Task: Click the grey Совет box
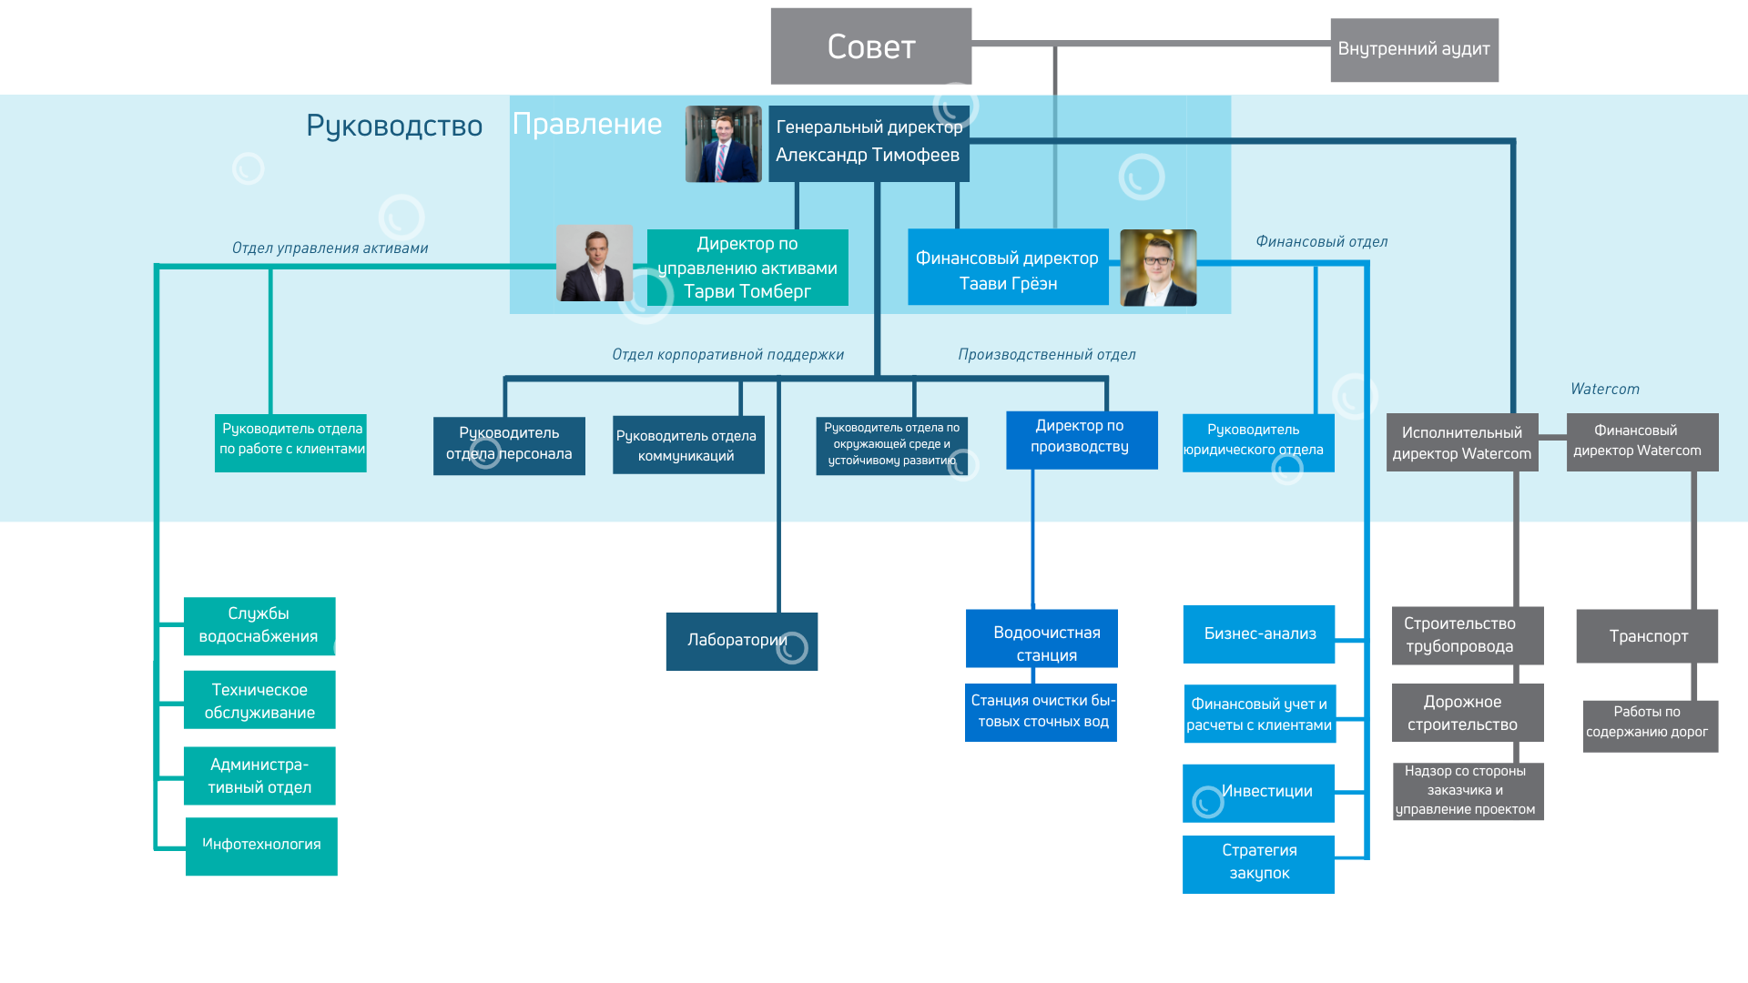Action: (870, 46)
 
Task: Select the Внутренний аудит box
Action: (1413, 50)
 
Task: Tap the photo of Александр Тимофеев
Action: (723, 144)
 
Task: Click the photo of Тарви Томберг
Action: (595, 263)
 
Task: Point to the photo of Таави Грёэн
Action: (1157, 268)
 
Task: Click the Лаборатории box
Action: (741, 642)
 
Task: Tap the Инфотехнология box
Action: (261, 846)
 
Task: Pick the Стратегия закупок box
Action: (1258, 864)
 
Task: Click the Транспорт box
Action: (1647, 636)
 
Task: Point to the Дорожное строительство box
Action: (1467, 713)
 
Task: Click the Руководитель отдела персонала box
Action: (509, 446)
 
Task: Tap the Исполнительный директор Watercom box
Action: (1461, 442)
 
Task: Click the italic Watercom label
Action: (1604, 390)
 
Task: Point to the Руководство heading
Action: (393, 126)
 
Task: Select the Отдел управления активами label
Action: (330, 248)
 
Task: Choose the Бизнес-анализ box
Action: (1258, 634)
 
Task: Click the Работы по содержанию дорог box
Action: (1650, 725)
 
